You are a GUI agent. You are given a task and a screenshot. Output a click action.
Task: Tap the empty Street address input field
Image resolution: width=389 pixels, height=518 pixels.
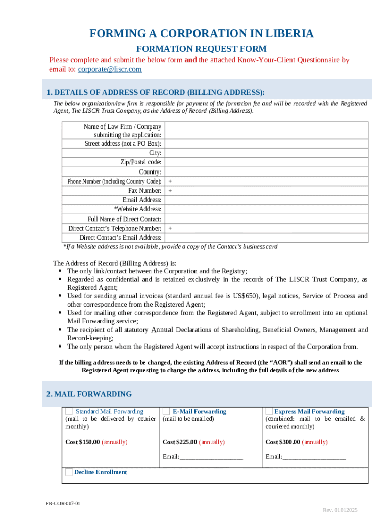pyautogui.click(x=266, y=143)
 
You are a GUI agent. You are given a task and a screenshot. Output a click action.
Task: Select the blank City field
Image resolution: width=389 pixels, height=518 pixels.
pyautogui.click(x=266, y=153)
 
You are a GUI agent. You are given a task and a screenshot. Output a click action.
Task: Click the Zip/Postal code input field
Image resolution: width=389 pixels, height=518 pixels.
pyautogui.click(x=266, y=162)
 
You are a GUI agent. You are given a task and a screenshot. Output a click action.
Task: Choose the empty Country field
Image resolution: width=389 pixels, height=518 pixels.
pyautogui.click(x=266, y=172)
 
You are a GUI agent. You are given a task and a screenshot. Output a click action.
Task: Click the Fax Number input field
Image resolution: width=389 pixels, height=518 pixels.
pyautogui.click(x=266, y=191)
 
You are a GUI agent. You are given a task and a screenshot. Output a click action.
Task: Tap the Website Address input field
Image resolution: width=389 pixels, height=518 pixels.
pyautogui.click(x=266, y=209)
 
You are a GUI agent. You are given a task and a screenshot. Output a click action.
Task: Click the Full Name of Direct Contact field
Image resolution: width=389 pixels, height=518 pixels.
pyautogui.click(x=266, y=219)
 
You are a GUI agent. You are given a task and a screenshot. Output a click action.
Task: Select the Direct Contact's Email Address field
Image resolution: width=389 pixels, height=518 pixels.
pyautogui.click(x=266, y=238)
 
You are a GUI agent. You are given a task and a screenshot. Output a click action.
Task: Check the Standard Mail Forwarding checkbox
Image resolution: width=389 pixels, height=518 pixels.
pyautogui.click(x=69, y=411)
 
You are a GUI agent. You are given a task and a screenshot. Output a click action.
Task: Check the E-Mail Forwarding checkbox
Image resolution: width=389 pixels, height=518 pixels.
pyautogui.click(x=166, y=411)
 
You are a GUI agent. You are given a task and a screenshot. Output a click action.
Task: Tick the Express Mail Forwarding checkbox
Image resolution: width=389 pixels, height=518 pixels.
pyautogui.click(x=269, y=411)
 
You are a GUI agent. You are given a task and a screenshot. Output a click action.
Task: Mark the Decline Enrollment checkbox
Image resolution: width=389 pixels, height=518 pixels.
pyautogui.click(x=69, y=472)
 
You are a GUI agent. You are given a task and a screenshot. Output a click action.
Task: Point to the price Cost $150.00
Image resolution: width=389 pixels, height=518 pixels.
pyautogui.click(x=83, y=442)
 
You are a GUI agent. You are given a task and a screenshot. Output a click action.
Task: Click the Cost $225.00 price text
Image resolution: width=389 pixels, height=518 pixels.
pyautogui.click(x=180, y=442)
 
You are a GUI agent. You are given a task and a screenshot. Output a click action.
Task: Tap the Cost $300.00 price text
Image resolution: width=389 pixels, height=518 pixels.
pyautogui.click(x=283, y=442)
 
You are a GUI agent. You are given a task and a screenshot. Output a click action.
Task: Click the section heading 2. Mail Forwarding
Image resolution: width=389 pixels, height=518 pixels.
pyautogui.click(x=89, y=394)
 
